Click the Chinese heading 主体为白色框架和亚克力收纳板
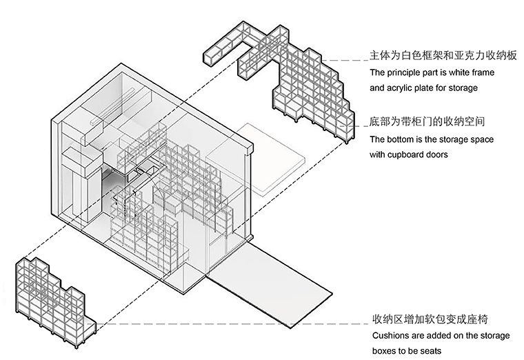[443, 55]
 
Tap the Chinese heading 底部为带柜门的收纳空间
[427, 121]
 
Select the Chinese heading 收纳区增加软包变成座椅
[430, 319]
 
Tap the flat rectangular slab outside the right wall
[256, 157]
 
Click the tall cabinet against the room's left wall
[82, 184]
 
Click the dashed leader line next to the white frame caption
[344, 61]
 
